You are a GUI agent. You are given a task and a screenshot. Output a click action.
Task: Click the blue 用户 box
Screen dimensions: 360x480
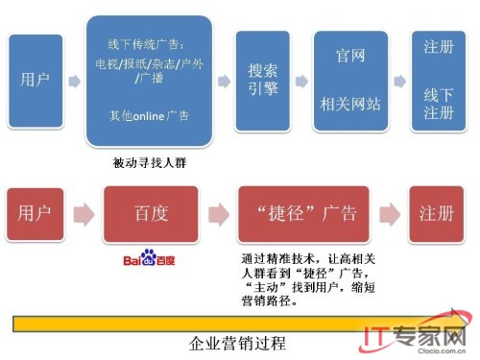tap(35, 79)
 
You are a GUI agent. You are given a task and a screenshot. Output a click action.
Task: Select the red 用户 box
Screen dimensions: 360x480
tap(35, 213)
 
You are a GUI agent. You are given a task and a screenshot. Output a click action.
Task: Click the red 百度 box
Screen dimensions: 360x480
tap(150, 213)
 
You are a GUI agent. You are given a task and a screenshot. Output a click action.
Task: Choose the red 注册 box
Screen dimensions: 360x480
tap(436, 213)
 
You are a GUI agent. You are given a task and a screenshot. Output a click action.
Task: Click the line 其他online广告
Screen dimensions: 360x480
tap(149, 116)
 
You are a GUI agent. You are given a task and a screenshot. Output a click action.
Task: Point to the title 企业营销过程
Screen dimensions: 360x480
tap(238, 342)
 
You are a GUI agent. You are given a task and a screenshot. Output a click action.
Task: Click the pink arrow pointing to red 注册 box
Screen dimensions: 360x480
tap(390, 214)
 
